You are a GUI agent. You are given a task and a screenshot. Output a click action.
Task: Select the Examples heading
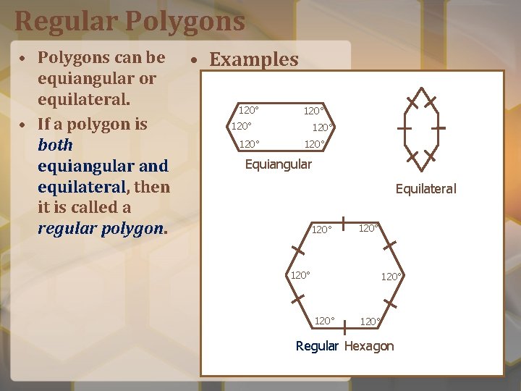[253, 59]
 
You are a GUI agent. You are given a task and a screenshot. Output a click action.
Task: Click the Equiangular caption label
[279, 164]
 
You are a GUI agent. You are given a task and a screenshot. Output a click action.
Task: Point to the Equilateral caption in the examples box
[425, 189]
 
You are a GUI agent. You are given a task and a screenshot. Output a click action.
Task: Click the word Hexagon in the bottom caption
[369, 346]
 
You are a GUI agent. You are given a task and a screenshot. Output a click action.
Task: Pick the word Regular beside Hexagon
[317, 346]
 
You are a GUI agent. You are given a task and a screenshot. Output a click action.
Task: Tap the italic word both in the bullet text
[56, 145]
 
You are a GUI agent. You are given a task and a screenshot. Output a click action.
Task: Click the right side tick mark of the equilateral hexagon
[439, 127]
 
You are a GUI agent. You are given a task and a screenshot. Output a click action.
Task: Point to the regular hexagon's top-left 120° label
[321, 230]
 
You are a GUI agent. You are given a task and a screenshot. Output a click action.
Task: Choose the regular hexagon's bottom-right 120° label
[370, 321]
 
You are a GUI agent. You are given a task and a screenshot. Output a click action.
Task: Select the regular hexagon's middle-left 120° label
[300, 275]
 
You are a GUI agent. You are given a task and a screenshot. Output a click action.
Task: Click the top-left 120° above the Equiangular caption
[249, 110]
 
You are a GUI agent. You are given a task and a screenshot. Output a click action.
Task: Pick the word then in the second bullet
[153, 187]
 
